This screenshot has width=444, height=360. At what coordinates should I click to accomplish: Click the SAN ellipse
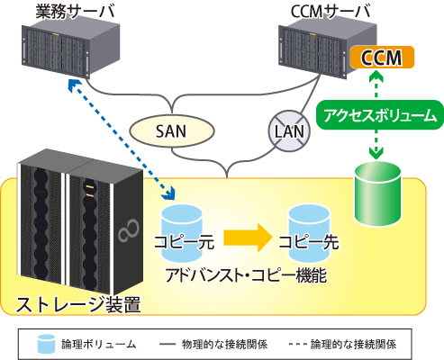tap(172, 131)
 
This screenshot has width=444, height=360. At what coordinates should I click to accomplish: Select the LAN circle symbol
tap(289, 131)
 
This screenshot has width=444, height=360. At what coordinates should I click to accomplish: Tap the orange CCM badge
tap(382, 58)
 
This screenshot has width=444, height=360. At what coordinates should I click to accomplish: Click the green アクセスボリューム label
tap(380, 115)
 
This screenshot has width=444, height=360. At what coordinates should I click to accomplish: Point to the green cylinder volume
tap(377, 193)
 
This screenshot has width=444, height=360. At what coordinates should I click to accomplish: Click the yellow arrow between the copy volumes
tap(248, 238)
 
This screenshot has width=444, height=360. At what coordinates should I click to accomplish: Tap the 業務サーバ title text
tap(75, 12)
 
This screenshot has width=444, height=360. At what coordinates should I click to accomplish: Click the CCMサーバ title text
tap(331, 12)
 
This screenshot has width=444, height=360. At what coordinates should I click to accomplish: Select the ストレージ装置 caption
tap(78, 304)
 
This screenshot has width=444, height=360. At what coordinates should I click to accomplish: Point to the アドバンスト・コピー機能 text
tap(246, 275)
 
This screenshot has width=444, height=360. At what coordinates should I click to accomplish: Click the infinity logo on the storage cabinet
tap(129, 230)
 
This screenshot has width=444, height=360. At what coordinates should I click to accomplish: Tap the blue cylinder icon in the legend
tap(46, 344)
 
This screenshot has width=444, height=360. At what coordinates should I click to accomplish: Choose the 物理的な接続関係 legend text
tap(224, 344)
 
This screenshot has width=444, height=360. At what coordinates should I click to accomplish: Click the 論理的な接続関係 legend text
tap(353, 344)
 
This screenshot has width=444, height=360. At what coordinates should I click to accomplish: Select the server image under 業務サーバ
tap(71, 50)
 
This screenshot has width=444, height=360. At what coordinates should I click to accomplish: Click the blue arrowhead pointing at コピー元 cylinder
tap(168, 193)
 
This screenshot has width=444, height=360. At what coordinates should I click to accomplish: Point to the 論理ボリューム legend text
tap(99, 344)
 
